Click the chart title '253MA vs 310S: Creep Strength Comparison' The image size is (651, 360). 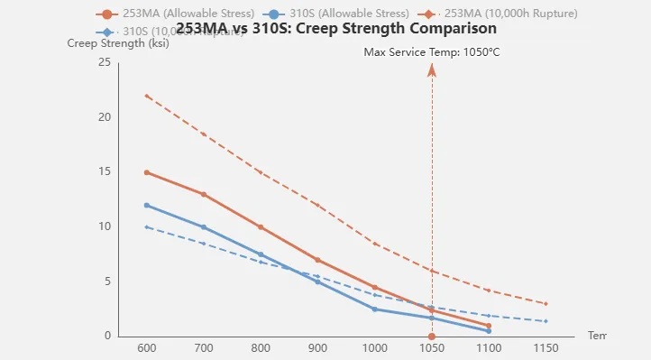[x=335, y=29]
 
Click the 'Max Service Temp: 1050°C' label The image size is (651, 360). [x=431, y=51]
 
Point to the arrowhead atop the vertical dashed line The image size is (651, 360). [x=432, y=69]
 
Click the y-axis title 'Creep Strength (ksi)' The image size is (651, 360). [x=106, y=43]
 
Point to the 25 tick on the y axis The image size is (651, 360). [x=105, y=62]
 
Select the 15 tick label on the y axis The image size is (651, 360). [x=105, y=171]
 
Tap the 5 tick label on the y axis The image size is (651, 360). [x=107, y=282]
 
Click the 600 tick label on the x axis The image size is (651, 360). [x=146, y=348]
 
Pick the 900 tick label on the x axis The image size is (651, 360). [x=317, y=348]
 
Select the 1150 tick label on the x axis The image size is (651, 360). [x=546, y=348]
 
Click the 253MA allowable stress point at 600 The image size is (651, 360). [x=146, y=172]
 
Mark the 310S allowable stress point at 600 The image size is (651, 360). [x=146, y=205]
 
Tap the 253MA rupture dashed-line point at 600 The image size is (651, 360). [x=146, y=96]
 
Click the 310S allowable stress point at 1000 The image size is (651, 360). [x=374, y=309]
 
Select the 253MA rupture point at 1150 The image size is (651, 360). [x=546, y=303]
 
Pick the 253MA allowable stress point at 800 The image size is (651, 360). [x=261, y=226]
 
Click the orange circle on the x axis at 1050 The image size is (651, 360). [x=432, y=337]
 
